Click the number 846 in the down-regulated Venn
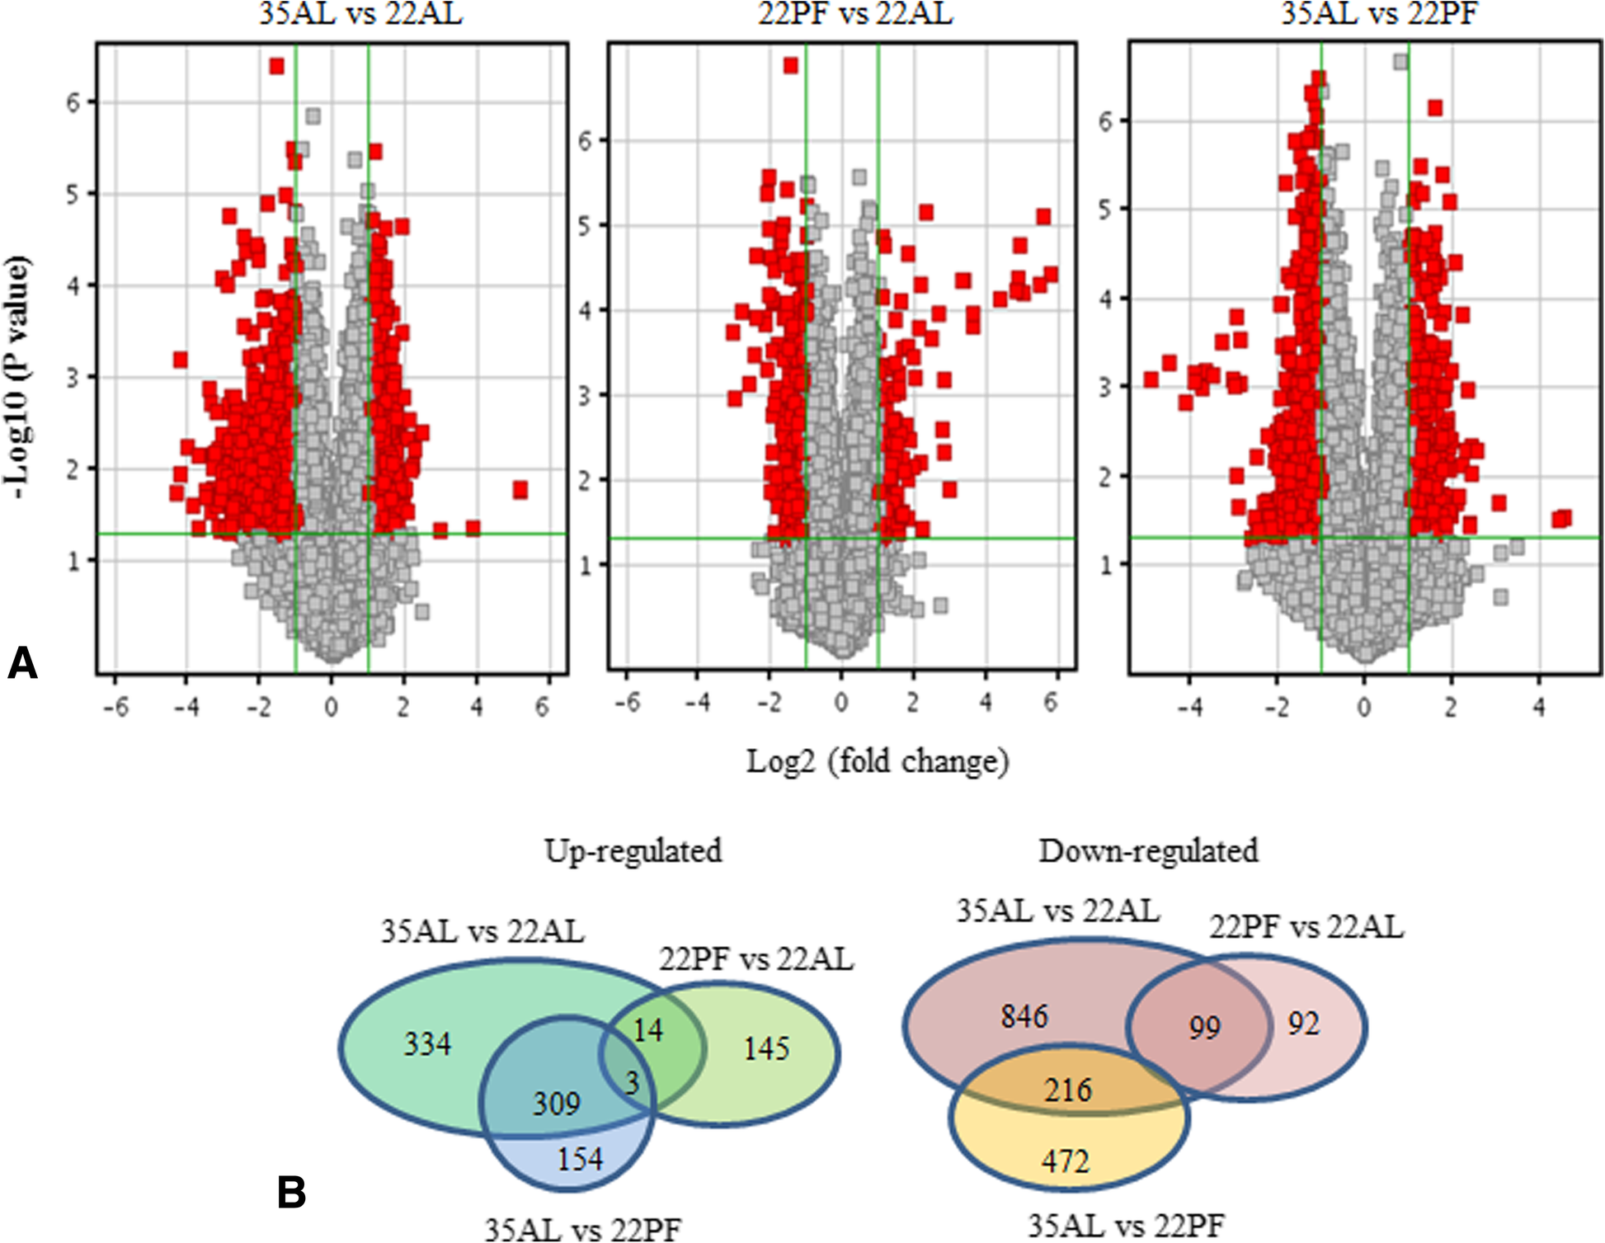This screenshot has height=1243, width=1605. click(x=1024, y=1016)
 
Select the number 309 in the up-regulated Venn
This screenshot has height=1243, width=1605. click(x=556, y=1104)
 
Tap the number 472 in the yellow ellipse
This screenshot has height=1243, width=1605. click(x=1066, y=1161)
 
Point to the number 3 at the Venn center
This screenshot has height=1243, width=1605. click(x=633, y=1082)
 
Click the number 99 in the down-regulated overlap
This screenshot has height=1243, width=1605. click(x=1204, y=1028)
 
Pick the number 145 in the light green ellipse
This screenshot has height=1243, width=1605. click(x=766, y=1048)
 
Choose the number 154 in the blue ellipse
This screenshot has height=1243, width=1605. click(x=580, y=1159)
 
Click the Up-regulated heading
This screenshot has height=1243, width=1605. click(x=633, y=850)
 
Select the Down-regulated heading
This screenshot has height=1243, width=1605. click(x=1148, y=850)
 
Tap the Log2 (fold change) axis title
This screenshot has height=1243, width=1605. click(x=878, y=760)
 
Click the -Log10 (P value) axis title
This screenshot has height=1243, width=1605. click(x=20, y=378)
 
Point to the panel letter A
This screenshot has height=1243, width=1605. click(x=22, y=663)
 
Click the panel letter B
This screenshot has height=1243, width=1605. click(x=291, y=1193)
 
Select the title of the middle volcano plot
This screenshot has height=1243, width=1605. click(x=854, y=13)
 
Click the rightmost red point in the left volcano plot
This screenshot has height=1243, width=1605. click(x=520, y=490)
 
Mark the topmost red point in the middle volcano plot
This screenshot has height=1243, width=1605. click(x=791, y=65)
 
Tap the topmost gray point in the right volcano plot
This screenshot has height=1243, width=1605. click(x=1400, y=62)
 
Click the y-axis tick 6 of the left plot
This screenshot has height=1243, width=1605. click(x=73, y=102)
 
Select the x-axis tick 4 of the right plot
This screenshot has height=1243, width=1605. click(x=1539, y=707)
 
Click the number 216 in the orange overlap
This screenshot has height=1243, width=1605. click(x=1068, y=1090)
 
